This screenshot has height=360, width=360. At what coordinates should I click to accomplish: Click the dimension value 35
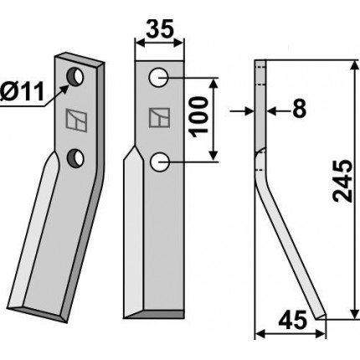click(160, 28)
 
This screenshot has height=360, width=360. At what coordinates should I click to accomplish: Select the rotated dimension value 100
click(200, 117)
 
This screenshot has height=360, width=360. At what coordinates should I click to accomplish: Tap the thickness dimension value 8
click(300, 108)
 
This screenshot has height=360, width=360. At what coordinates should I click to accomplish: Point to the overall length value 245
click(342, 181)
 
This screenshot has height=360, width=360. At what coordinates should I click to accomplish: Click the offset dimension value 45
click(293, 321)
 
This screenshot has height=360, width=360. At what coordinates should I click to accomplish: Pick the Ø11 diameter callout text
click(23, 92)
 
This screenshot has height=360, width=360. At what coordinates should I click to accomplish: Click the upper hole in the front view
click(158, 77)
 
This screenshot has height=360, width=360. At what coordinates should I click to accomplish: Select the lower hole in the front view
click(160, 162)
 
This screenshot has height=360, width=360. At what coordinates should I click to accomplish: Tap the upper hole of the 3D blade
click(75, 77)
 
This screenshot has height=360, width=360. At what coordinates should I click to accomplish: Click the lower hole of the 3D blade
click(75, 158)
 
